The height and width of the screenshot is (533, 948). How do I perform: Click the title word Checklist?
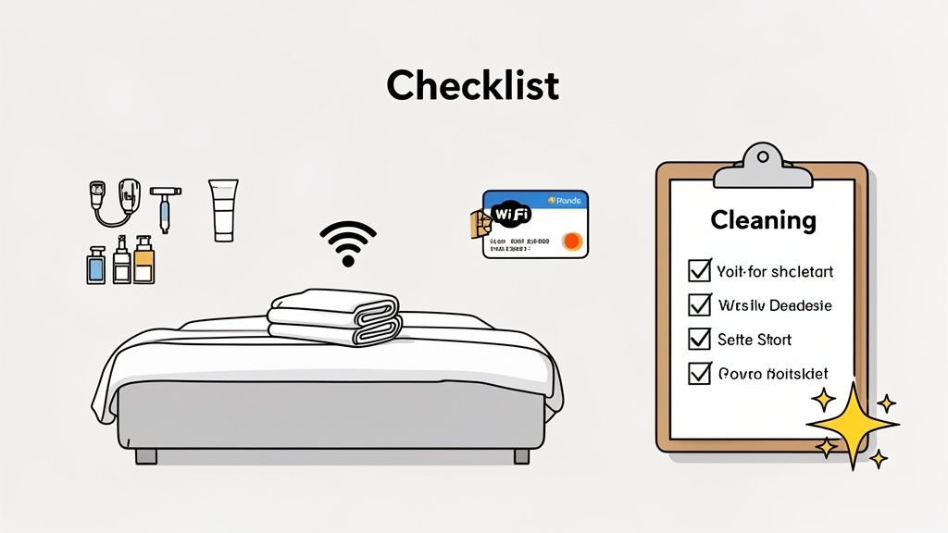(x=473, y=85)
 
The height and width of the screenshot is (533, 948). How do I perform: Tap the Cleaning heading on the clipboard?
(x=763, y=220)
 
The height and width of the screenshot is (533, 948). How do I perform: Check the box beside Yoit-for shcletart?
(x=699, y=271)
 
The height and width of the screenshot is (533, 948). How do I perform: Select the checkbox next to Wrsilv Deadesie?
(x=699, y=304)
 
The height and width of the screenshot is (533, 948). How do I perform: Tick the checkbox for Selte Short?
(x=699, y=339)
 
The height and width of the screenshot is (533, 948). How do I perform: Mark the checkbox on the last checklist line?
(x=699, y=374)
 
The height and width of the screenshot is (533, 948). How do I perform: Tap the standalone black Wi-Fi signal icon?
(x=348, y=243)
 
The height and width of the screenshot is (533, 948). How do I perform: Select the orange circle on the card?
(x=572, y=242)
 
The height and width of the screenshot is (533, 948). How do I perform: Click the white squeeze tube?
(x=223, y=209)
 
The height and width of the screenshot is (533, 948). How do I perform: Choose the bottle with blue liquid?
(x=96, y=264)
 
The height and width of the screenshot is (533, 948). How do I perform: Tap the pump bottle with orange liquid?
(x=143, y=261)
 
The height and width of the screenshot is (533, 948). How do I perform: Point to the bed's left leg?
(x=146, y=455)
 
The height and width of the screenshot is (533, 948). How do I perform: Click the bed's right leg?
(x=521, y=455)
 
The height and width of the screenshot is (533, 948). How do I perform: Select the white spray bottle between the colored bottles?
(x=121, y=262)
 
